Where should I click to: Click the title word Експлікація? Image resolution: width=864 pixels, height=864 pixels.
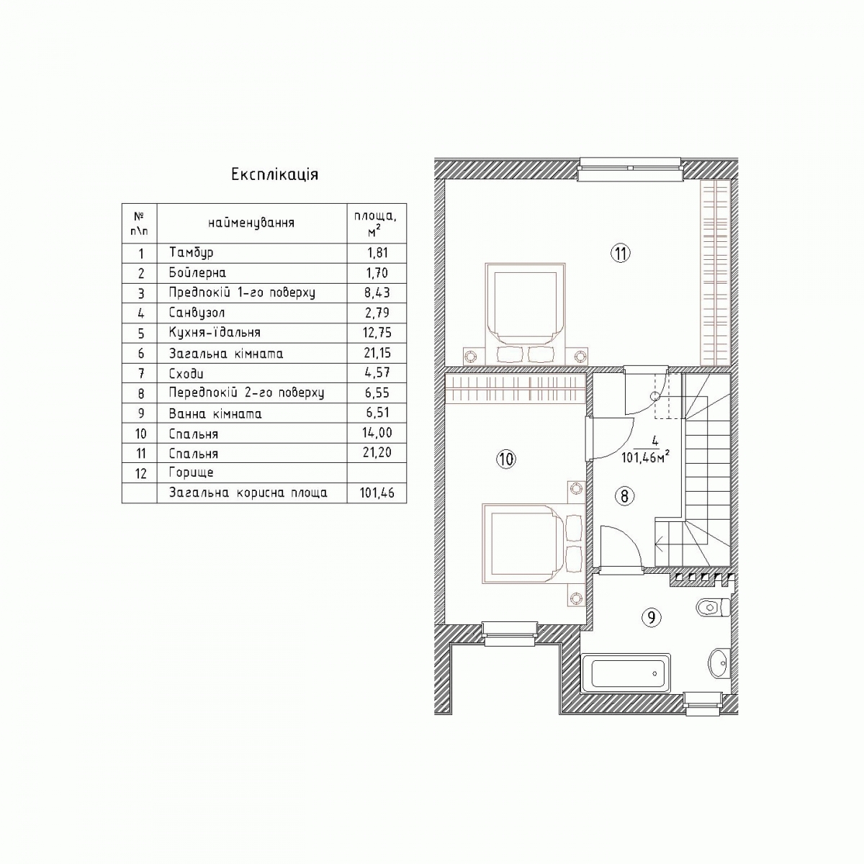point(274,174)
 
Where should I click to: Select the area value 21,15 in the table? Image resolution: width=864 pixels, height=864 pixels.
point(377,354)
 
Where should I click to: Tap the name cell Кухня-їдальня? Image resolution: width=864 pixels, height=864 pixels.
point(215,333)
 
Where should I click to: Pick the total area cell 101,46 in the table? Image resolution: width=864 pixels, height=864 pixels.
point(377,493)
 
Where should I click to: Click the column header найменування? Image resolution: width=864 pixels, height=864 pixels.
point(251,223)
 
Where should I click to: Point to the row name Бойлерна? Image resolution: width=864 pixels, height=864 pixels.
point(197,273)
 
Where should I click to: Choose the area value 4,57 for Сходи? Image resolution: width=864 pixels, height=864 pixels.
point(377,373)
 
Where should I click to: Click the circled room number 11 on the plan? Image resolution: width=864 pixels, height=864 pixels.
point(621,253)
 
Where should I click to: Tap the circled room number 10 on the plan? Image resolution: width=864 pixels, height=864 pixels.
point(507,459)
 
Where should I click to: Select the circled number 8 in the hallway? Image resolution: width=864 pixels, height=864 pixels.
point(624,496)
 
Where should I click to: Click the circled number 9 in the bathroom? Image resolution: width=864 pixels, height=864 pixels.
point(652,618)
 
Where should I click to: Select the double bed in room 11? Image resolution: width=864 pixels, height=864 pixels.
point(525,314)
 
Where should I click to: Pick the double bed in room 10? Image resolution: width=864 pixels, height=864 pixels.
point(534,544)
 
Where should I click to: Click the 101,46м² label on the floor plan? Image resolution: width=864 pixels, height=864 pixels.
point(645,458)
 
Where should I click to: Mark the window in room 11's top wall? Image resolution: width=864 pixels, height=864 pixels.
point(631,169)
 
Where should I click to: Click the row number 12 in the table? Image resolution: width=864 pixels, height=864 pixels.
point(141,474)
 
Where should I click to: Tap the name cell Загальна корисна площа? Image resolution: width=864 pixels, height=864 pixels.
point(248,493)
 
